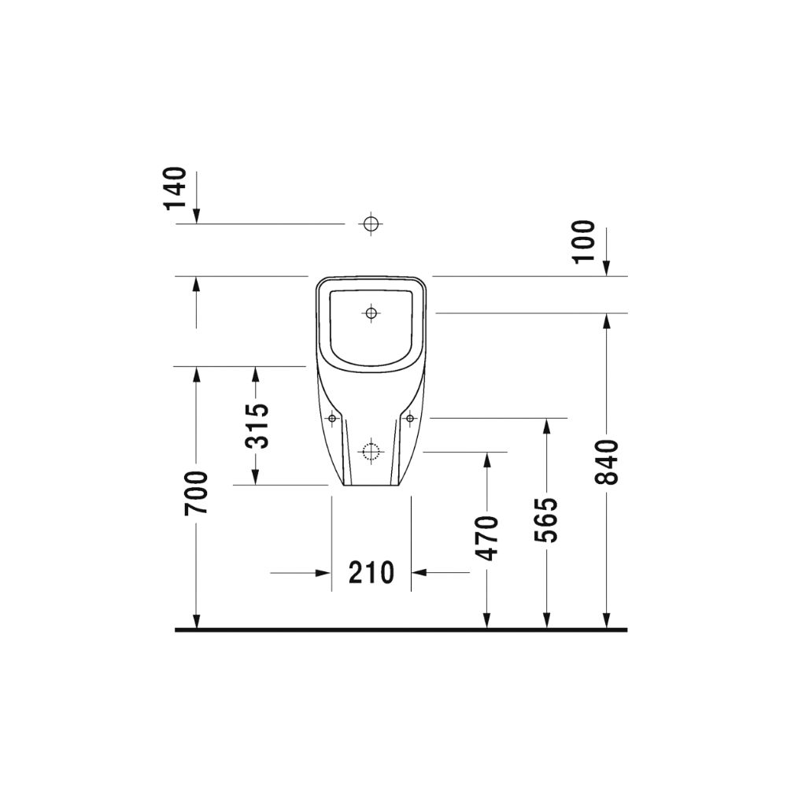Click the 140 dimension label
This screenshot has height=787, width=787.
pyautogui.click(x=176, y=188)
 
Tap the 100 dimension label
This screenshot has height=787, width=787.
pyautogui.click(x=584, y=242)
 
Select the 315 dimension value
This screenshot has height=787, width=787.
pyautogui.click(x=257, y=425)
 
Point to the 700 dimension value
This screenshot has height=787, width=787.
pyautogui.click(x=196, y=493)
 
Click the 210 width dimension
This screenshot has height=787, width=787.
pyautogui.click(x=371, y=573)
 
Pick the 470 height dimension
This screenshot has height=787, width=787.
pyautogui.click(x=487, y=538)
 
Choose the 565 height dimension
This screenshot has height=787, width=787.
pyautogui.click(x=546, y=520)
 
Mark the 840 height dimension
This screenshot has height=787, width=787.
pyautogui.click(x=606, y=462)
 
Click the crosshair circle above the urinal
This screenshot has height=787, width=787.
pyautogui.click(x=371, y=224)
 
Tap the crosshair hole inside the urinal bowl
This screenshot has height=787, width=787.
pyautogui.click(x=371, y=314)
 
